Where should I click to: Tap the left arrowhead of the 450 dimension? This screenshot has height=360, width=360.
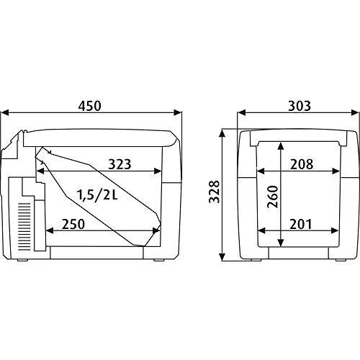click(6, 113)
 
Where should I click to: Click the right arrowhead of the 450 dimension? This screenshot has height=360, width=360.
click(176, 113)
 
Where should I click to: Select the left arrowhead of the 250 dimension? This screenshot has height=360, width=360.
click(49, 231)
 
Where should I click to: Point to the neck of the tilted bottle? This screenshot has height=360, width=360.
click(45, 160)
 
